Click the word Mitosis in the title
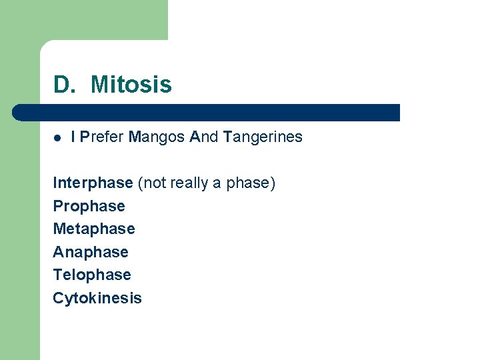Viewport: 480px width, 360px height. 131,85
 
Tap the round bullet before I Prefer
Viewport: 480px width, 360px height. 57,137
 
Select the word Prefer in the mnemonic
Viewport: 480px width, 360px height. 102,137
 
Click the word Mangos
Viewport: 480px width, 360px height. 157,137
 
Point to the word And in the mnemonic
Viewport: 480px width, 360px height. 204,137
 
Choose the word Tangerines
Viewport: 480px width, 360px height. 263,137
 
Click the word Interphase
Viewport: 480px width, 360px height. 93,183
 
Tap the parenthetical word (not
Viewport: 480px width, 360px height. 151,183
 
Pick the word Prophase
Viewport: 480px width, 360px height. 89,206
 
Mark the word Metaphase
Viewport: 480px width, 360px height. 93,229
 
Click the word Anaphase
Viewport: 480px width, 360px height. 90,252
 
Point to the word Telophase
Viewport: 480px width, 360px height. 91,275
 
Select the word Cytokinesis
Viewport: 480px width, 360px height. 97,298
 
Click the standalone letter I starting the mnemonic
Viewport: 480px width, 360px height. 73,137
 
